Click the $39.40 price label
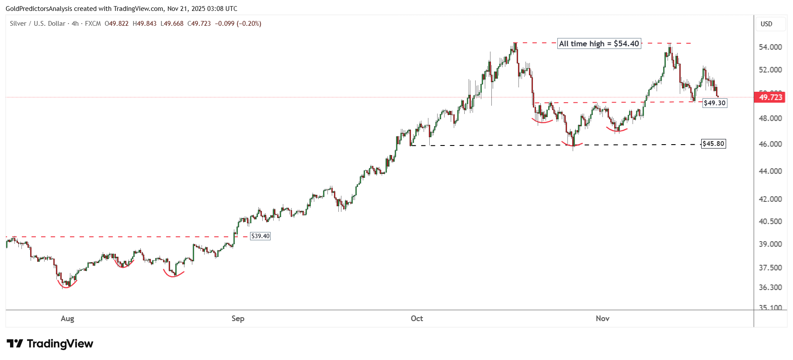(x=260, y=236)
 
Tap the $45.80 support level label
(x=713, y=144)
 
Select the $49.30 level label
(x=715, y=103)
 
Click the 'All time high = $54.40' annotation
(x=599, y=44)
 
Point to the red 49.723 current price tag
(x=770, y=97)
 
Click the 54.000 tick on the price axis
(x=770, y=47)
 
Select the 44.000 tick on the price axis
(x=770, y=171)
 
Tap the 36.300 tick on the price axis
(x=770, y=287)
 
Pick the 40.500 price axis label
(x=770, y=222)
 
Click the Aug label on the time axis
(x=67, y=318)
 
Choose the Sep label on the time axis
(x=238, y=318)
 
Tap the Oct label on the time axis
(x=417, y=318)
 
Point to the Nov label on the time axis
(x=602, y=318)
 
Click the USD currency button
(x=766, y=24)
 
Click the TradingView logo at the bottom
(x=50, y=344)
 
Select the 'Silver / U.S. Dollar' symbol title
(x=38, y=24)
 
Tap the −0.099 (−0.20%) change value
(x=238, y=24)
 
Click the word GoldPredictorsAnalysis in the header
(x=38, y=9)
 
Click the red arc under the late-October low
(x=572, y=145)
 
